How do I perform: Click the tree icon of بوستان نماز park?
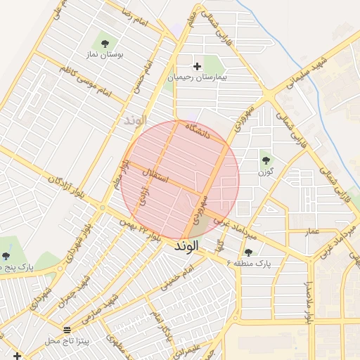tap(106, 44)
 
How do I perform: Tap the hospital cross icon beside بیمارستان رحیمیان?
tap(197, 66)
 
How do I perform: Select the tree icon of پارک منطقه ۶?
tap(247, 252)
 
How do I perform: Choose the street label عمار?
tap(311, 231)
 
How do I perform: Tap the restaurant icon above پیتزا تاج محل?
tap(67, 329)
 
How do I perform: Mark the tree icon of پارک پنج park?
tap(6, 256)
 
